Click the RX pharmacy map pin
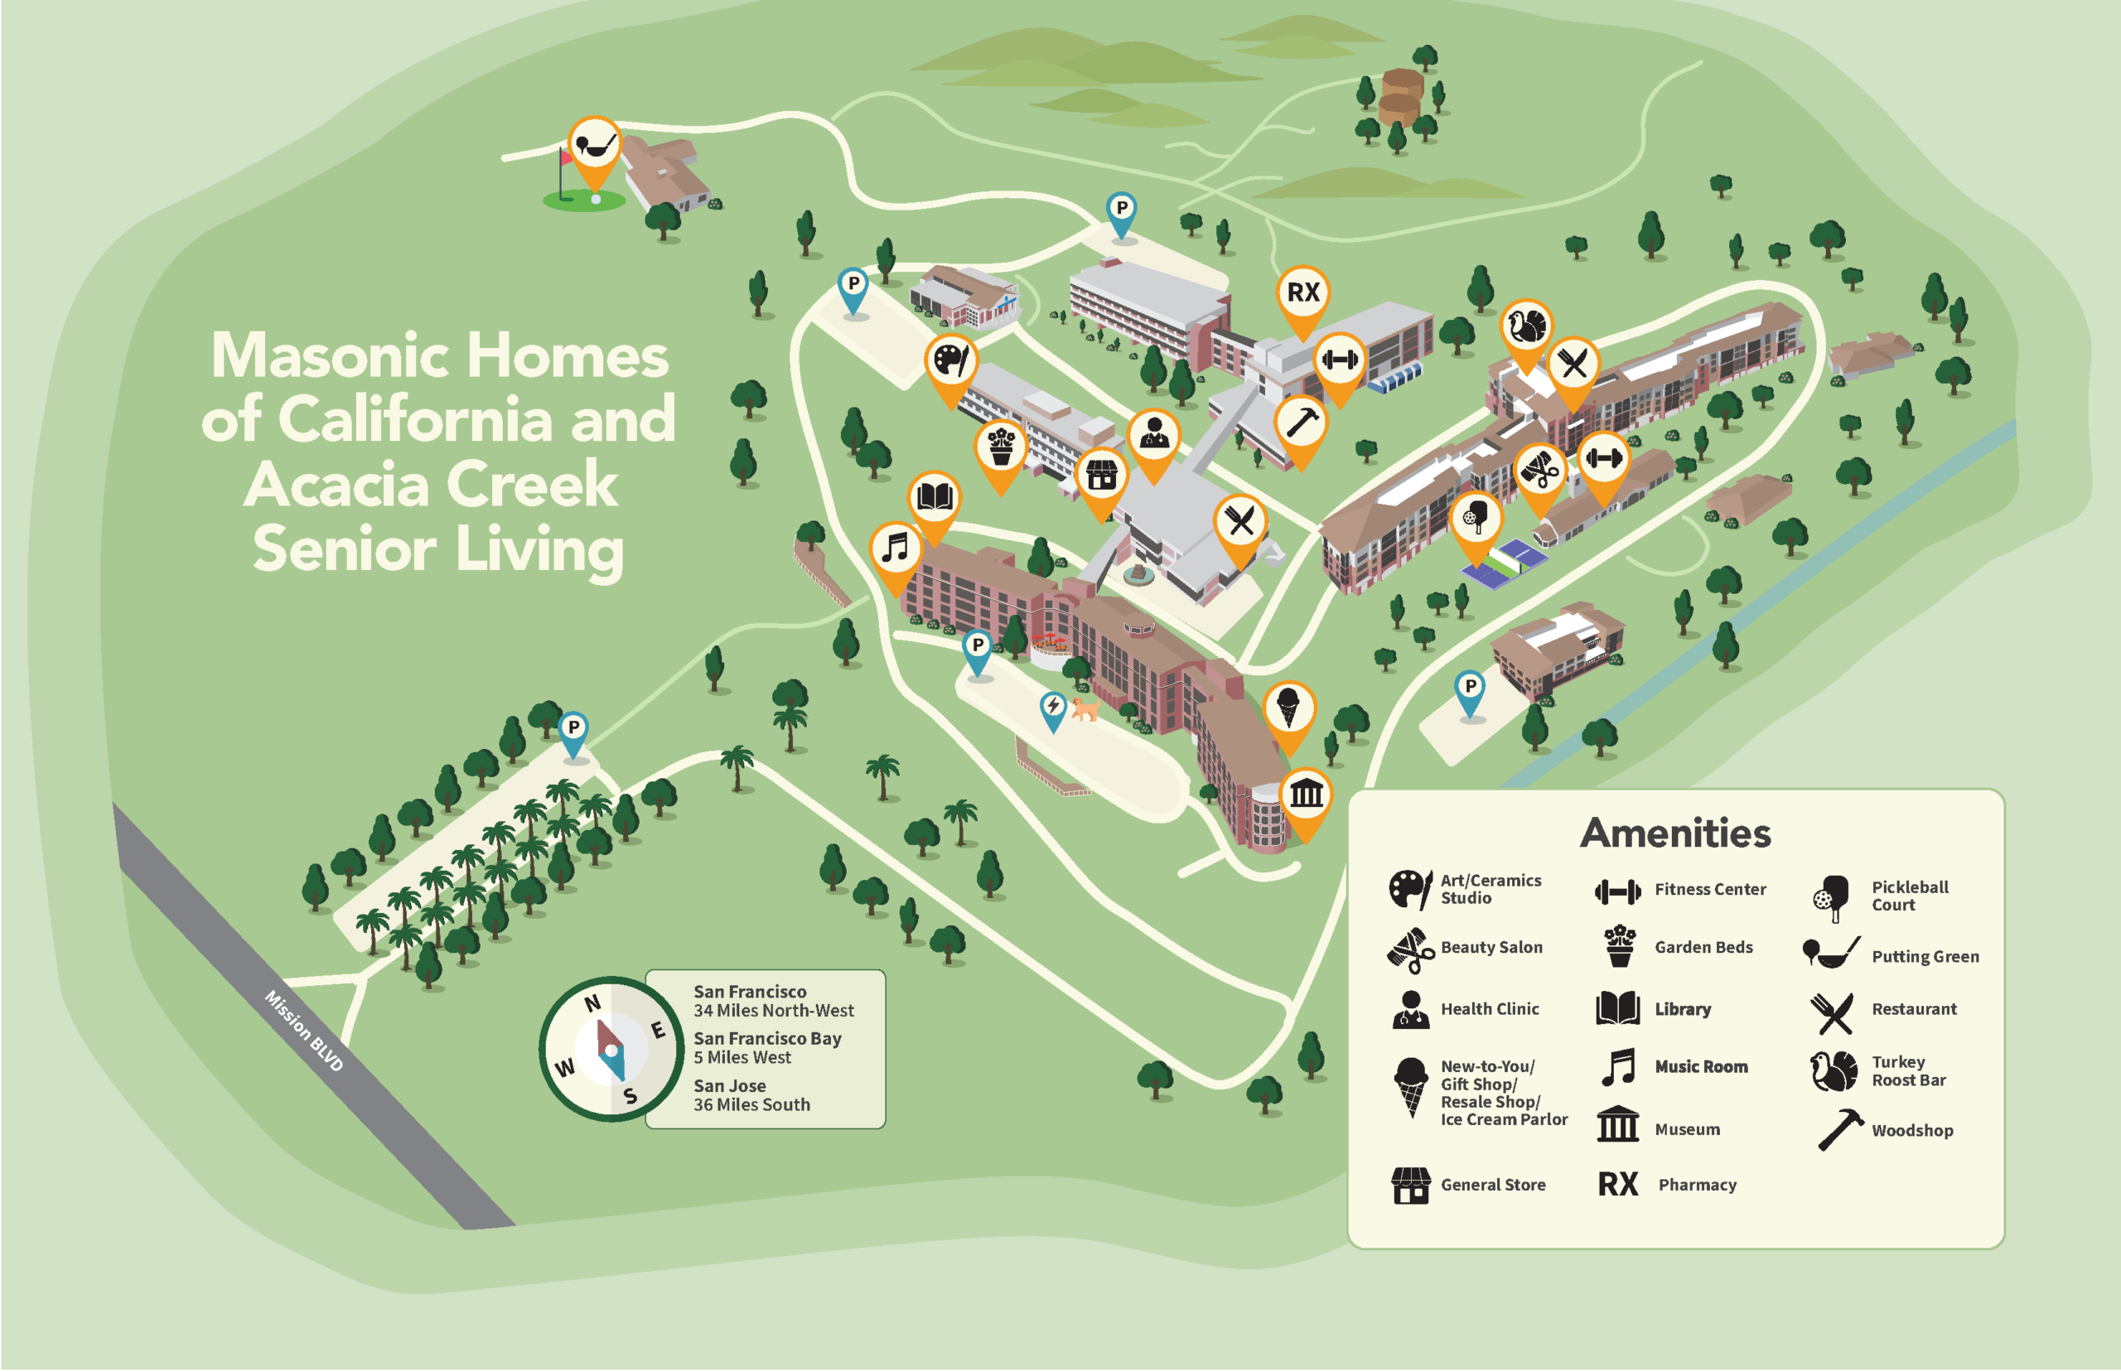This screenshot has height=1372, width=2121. pos(1302,293)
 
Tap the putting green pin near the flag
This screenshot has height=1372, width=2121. pos(594,143)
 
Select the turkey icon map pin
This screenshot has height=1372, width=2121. pos(1526,327)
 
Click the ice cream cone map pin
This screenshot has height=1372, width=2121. pos(1288,709)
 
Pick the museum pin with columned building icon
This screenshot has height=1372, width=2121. pos(1306,795)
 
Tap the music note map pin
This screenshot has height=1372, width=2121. pos(896,548)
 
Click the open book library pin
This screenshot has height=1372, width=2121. pos(934,498)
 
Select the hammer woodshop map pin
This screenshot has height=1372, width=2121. pos(1301,423)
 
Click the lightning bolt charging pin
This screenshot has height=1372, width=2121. pos(1053,708)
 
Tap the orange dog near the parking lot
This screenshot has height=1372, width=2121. pos(1085,709)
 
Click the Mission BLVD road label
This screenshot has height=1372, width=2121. pos(304,1031)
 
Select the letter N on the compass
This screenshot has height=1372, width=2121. pos(592,1004)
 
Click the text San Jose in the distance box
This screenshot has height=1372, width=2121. pos(730,1085)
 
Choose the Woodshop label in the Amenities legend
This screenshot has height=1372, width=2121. pos(1911,1131)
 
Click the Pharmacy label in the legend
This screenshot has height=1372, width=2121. pos(1696,1185)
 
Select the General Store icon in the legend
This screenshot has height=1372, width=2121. pos(1410,1185)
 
